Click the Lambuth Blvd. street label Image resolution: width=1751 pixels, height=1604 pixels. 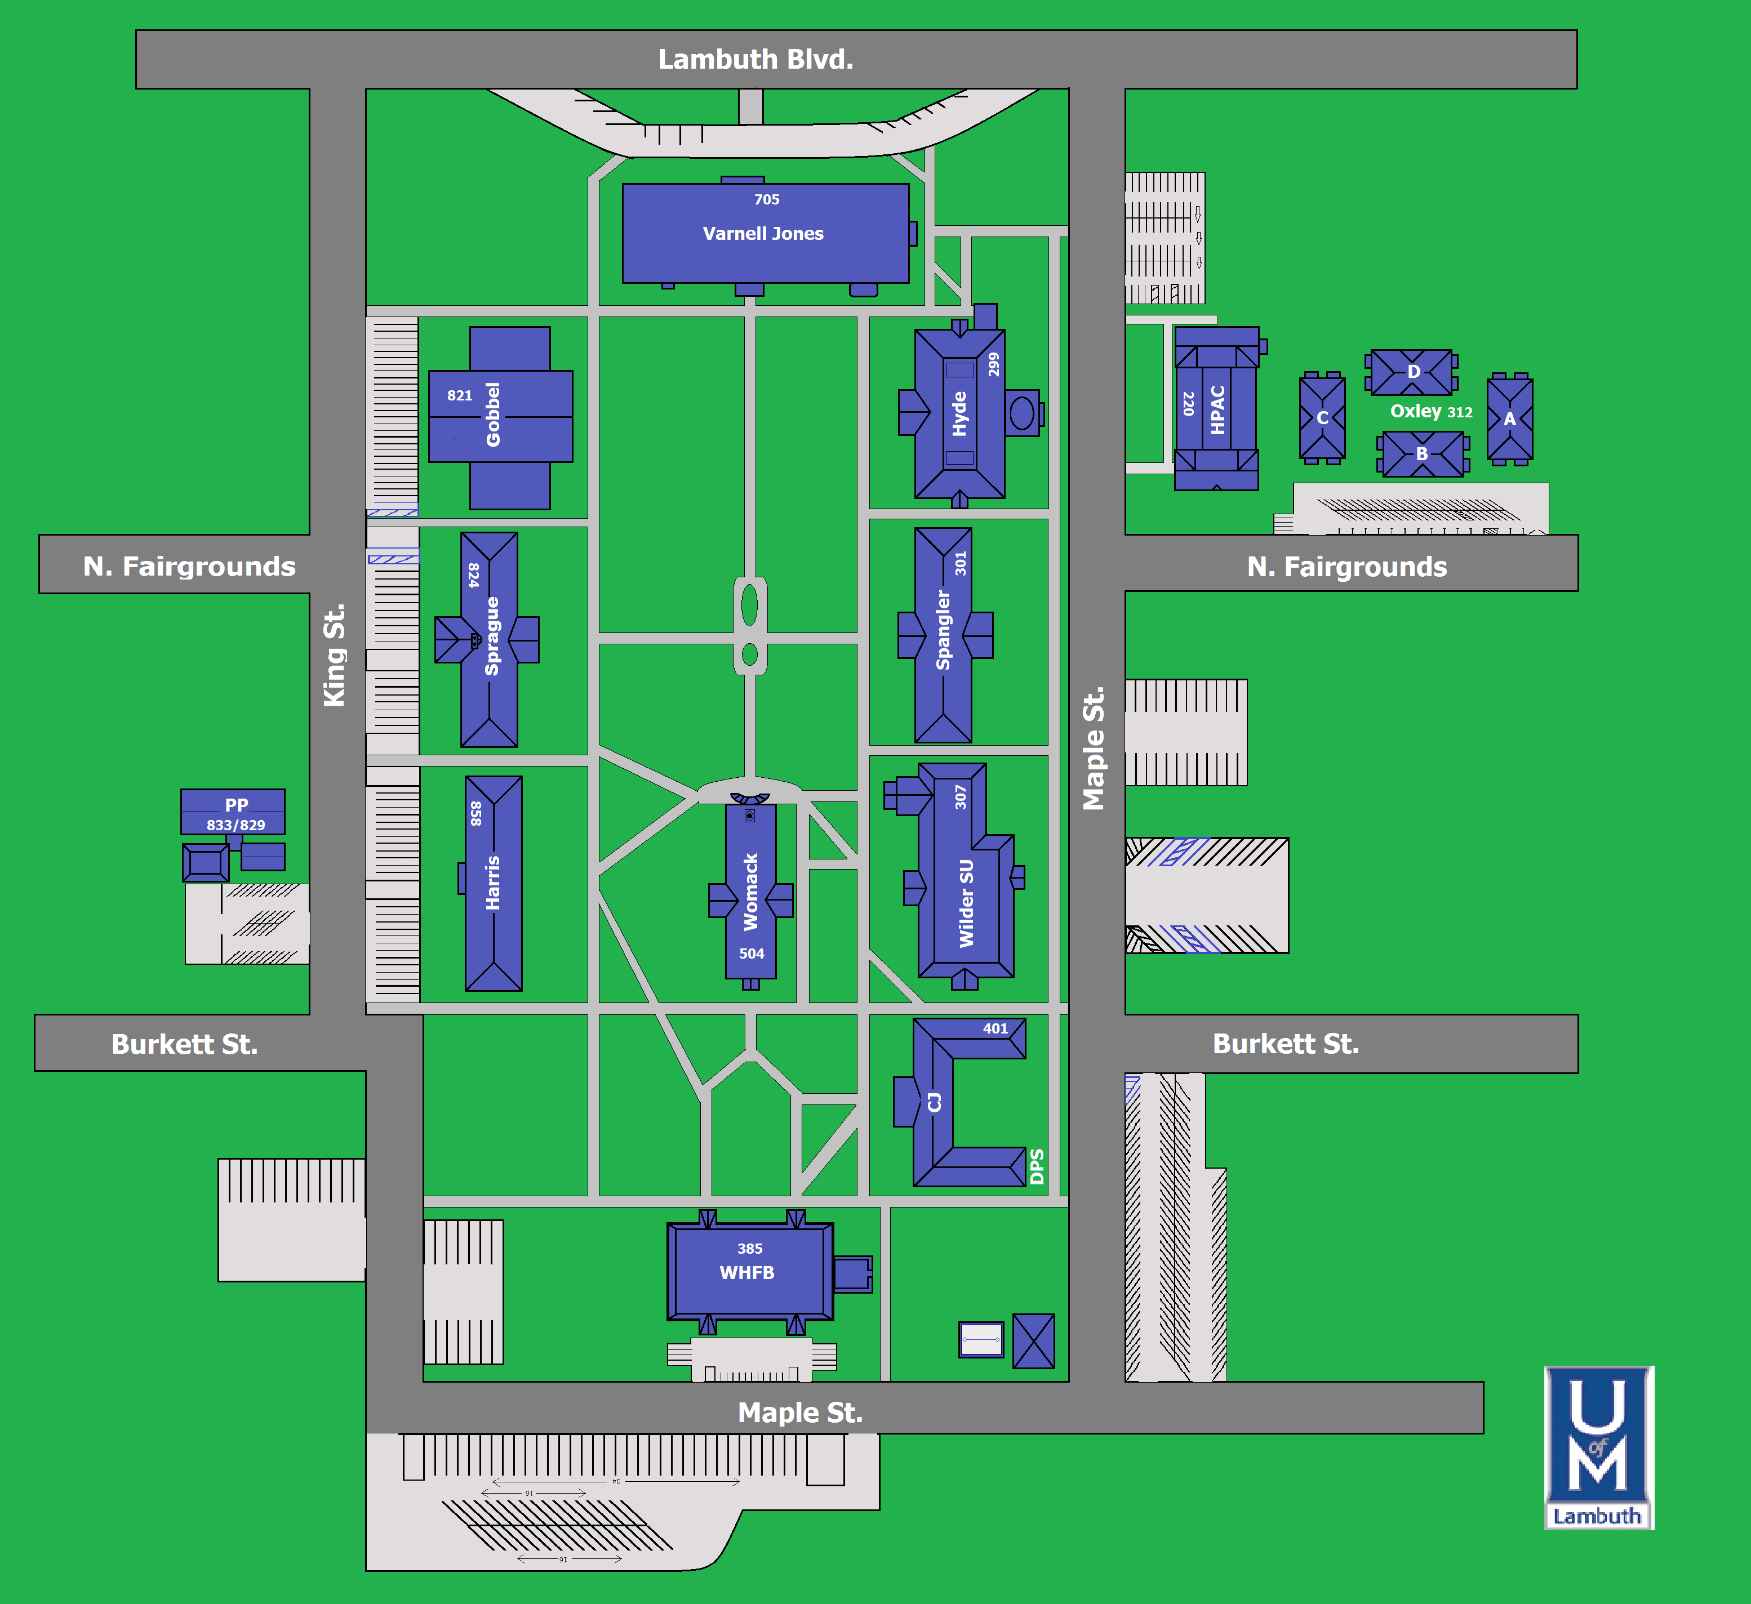click(x=755, y=59)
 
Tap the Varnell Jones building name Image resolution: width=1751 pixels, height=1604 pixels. click(x=763, y=234)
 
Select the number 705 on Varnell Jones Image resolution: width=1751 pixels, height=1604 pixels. click(x=766, y=200)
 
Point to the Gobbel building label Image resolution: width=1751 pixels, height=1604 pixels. click(x=494, y=415)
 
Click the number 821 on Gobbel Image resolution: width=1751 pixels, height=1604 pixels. click(x=460, y=396)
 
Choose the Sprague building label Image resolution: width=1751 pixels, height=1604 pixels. click(x=492, y=636)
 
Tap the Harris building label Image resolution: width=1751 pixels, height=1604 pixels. click(x=492, y=883)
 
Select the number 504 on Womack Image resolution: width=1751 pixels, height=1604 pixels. click(x=752, y=954)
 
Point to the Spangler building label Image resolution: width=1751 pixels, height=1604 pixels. click(x=943, y=630)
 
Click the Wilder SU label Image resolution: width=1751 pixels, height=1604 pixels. click(x=966, y=903)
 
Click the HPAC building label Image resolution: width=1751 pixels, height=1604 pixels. click(x=1217, y=410)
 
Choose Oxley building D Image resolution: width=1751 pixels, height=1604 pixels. click(x=1413, y=372)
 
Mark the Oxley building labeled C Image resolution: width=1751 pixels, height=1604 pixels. click(x=1322, y=418)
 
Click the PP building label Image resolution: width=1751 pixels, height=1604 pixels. click(x=236, y=805)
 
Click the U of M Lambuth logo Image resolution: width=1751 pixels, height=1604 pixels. click(x=1598, y=1447)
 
